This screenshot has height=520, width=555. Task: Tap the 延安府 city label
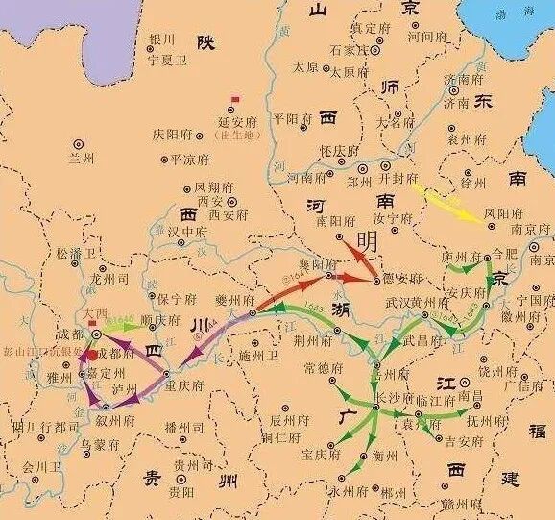click(234, 123)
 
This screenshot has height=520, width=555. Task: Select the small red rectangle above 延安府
click(235, 98)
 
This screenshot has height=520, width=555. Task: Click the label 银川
click(160, 39)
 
